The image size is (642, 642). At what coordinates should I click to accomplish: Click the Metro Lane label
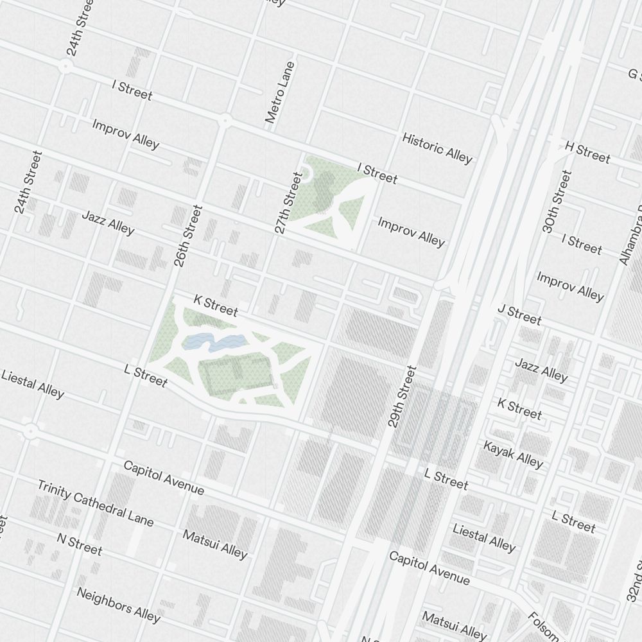[281, 92]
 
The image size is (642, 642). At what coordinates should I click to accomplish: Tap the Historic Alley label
[437, 148]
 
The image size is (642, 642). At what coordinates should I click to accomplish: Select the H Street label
[587, 152]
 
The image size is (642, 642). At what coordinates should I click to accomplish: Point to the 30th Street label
[557, 201]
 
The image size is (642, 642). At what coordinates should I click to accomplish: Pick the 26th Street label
[188, 236]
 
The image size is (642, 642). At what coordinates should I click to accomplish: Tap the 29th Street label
[403, 396]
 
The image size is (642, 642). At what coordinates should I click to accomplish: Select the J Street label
[519, 315]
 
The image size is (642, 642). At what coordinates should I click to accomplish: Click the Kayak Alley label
[513, 454]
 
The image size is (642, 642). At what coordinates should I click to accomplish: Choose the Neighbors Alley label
[118, 604]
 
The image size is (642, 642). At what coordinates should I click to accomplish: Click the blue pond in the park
[213, 342]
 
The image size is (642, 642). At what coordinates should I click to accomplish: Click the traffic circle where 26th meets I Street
[225, 119]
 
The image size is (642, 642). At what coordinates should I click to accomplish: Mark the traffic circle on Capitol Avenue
[30, 431]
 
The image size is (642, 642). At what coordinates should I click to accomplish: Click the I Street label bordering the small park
[377, 173]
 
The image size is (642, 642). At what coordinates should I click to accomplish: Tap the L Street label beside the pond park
[146, 376]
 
